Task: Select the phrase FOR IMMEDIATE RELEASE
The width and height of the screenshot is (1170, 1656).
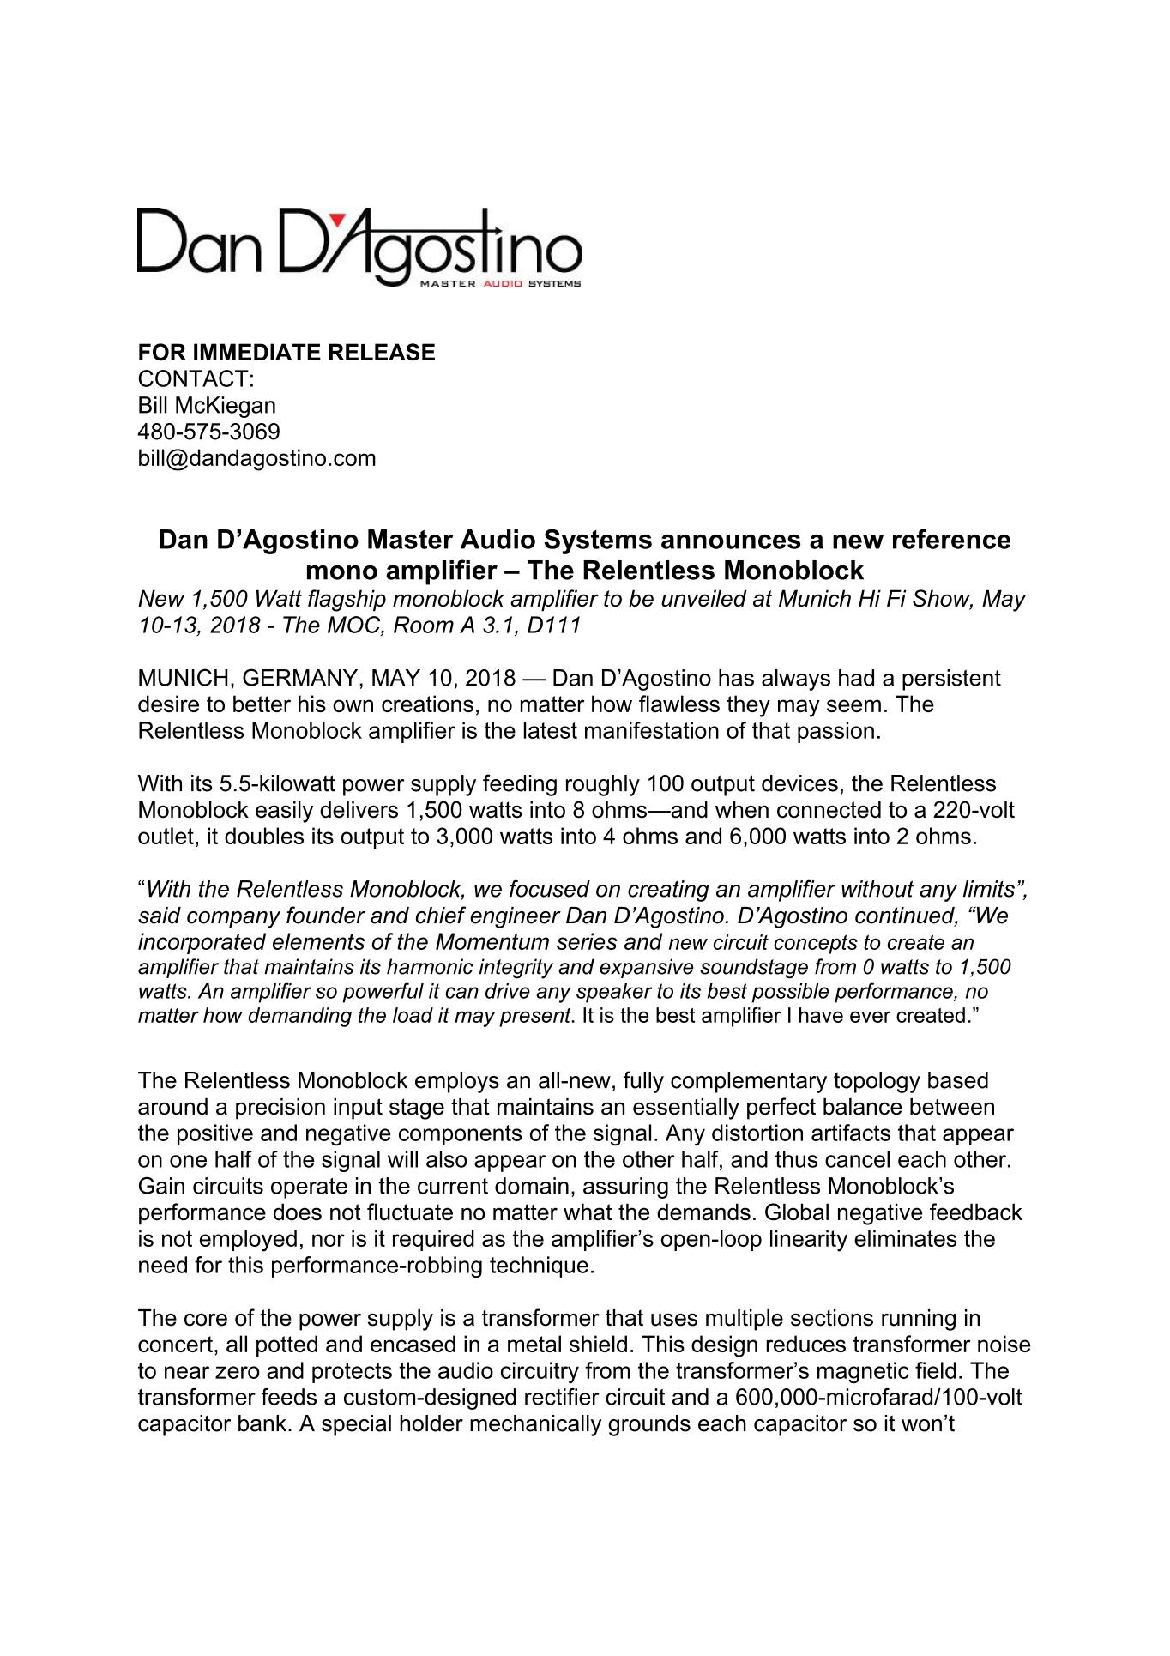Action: [286, 353]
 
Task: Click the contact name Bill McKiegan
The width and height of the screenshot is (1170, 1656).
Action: [207, 405]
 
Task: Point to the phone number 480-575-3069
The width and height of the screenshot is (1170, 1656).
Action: [209, 432]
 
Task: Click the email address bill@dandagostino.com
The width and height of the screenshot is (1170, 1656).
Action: [256, 458]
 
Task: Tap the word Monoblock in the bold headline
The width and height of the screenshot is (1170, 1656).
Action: [798, 570]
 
